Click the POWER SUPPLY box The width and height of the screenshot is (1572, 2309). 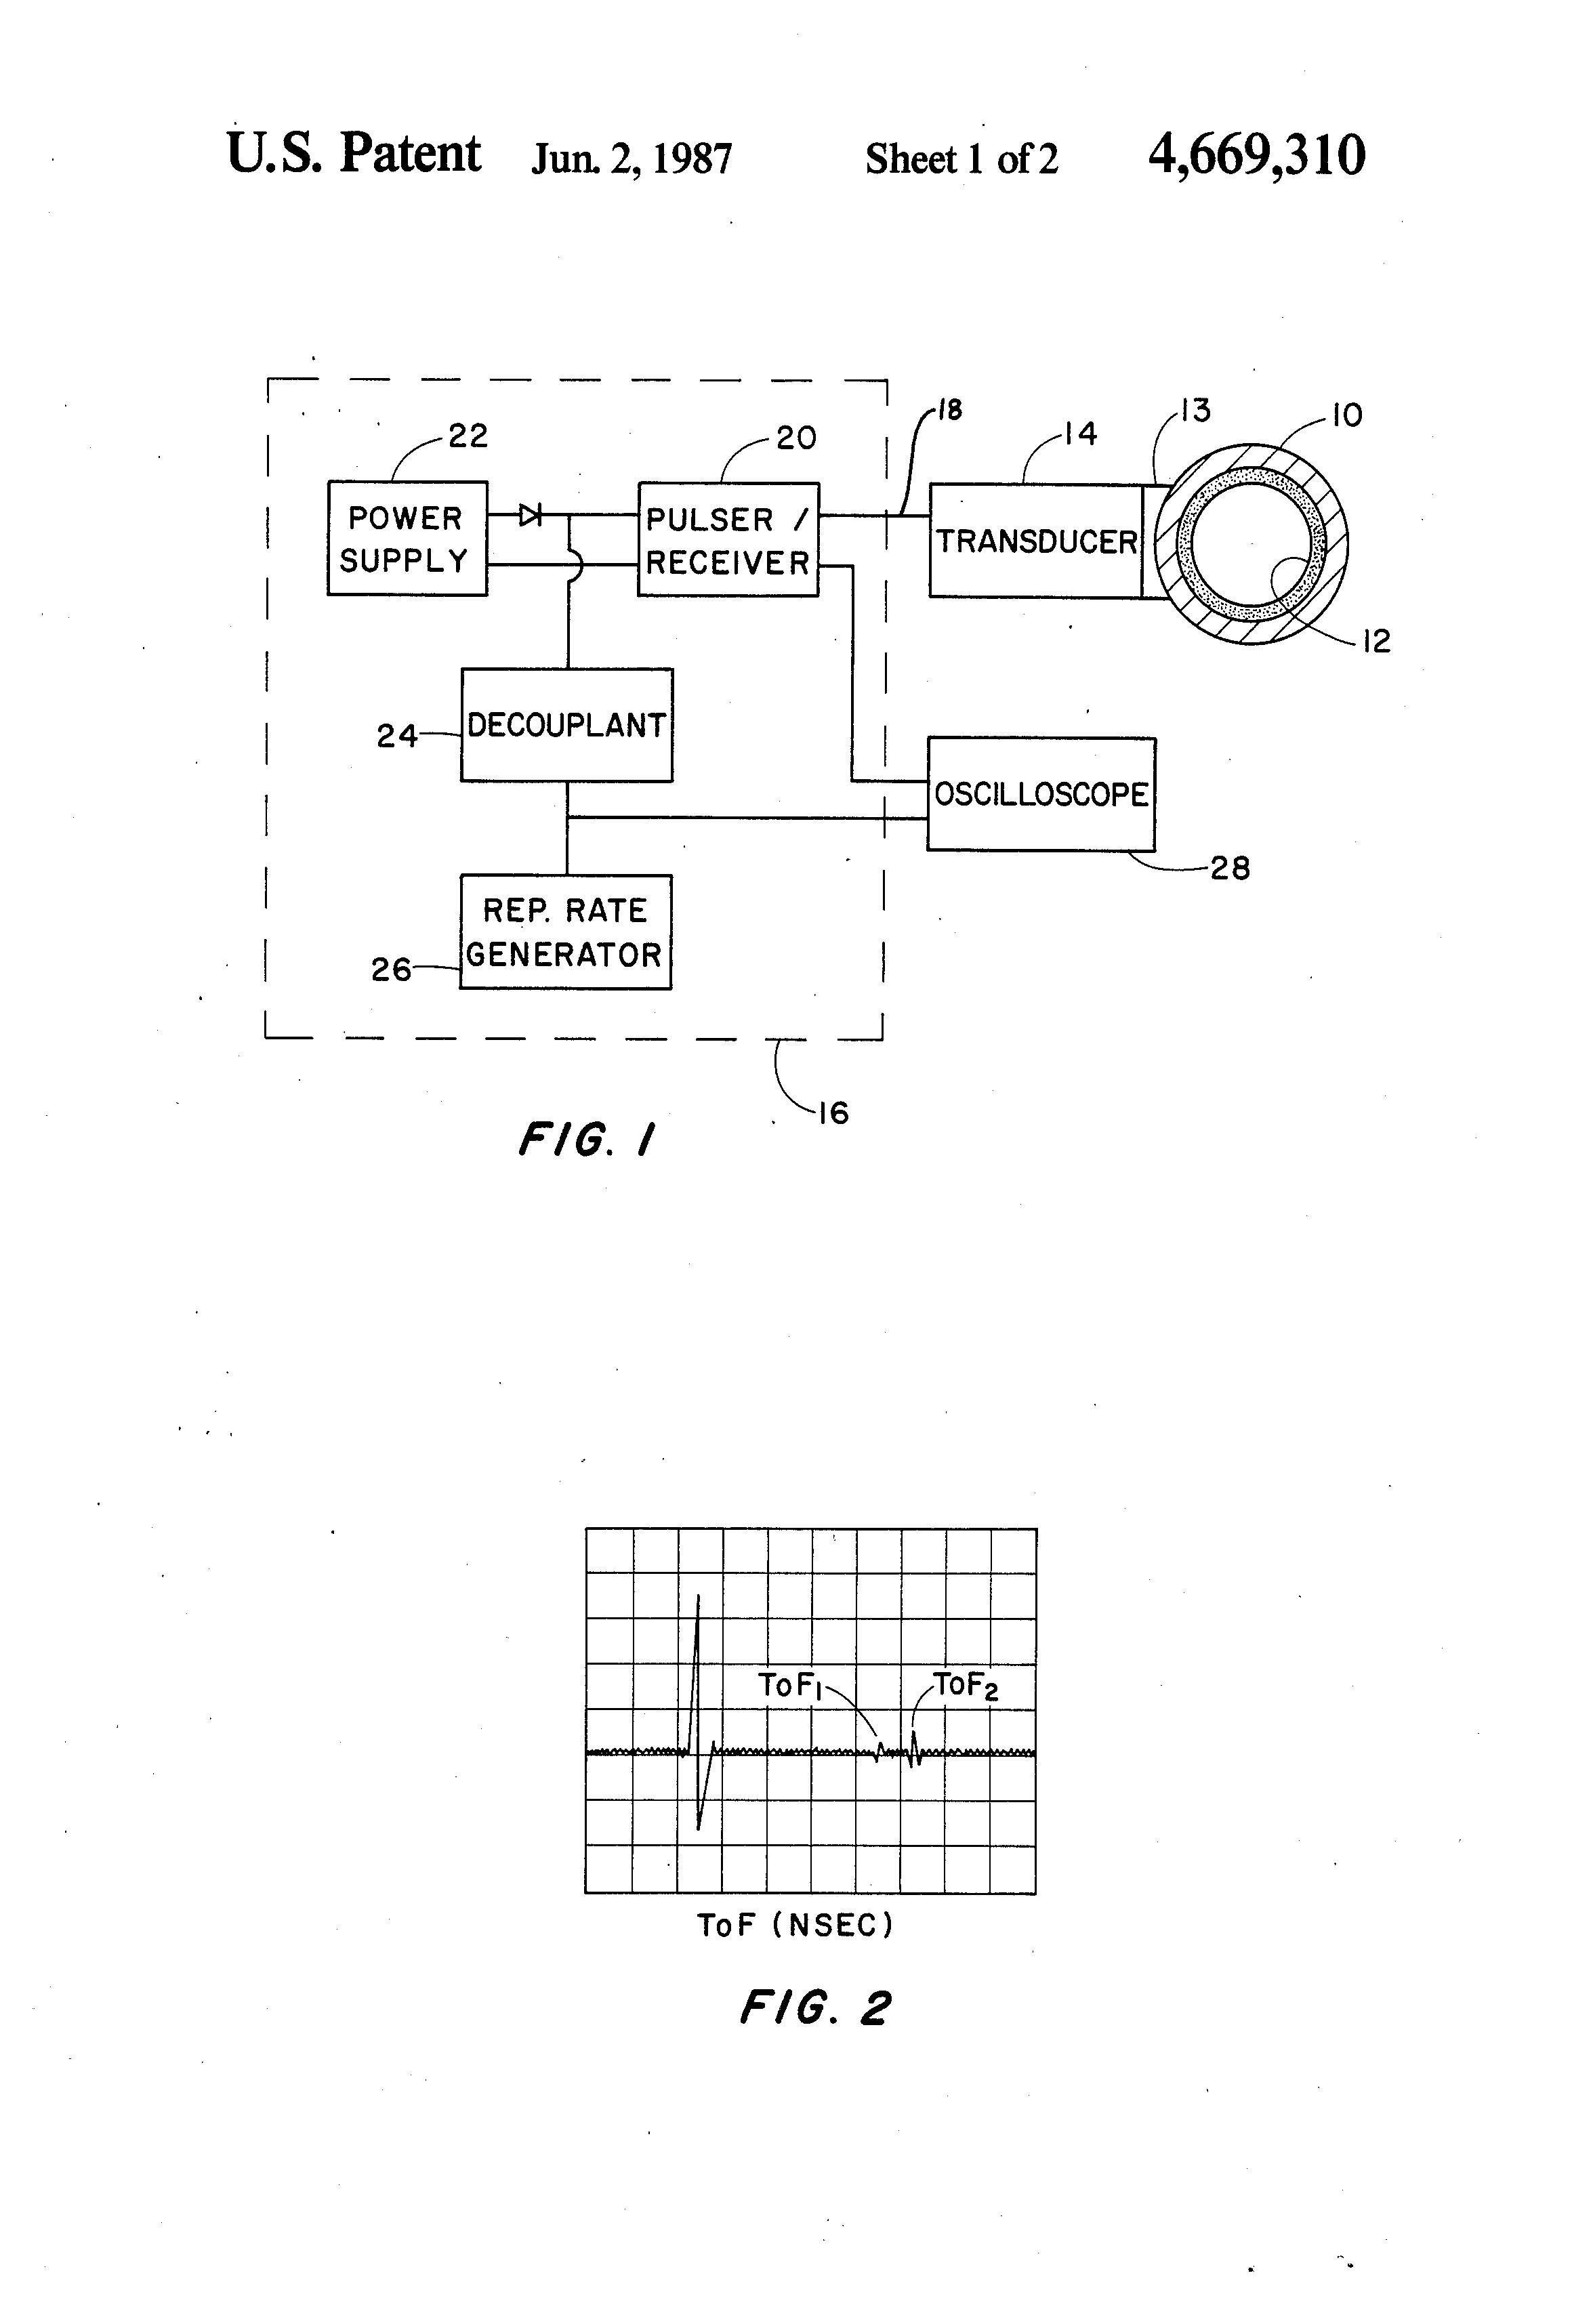coord(407,539)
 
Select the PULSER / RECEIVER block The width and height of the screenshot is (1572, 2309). coord(727,539)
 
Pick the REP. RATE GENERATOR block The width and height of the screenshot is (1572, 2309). coord(565,932)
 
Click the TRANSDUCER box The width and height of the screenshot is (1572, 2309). coord(1035,541)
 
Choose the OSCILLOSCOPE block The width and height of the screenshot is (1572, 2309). coord(1040,794)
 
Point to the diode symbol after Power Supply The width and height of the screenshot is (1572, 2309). coord(531,515)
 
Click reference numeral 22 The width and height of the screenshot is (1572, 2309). coord(468,436)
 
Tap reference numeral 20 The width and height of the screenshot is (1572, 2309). coord(796,438)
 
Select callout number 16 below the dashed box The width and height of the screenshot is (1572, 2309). coord(833,1112)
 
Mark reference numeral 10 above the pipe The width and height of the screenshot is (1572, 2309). coord(1346,415)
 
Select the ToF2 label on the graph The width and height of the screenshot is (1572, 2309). coord(965,1686)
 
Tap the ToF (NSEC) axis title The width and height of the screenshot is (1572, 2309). coord(795,1926)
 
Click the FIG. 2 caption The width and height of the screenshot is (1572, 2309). coord(815,2008)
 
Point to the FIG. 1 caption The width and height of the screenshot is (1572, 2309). coord(586,1139)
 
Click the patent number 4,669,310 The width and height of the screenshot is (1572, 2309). coord(1256,156)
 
